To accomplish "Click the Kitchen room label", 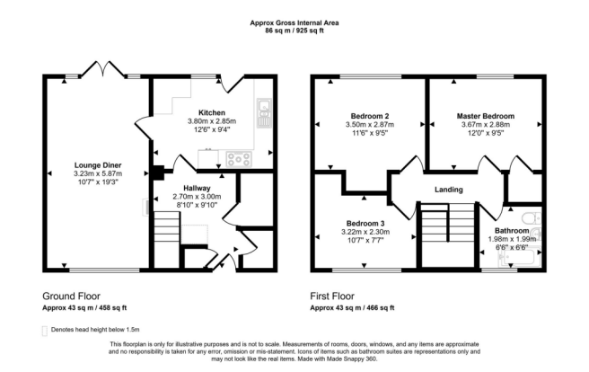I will (x=212, y=112).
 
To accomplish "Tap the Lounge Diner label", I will (x=98, y=165).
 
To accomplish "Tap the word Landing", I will (x=448, y=189).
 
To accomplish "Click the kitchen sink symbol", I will (x=264, y=111).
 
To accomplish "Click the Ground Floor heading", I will (x=72, y=296).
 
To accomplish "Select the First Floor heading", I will (x=338, y=296).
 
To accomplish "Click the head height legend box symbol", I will (x=45, y=330).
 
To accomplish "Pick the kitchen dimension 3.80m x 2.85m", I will (x=212, y=121).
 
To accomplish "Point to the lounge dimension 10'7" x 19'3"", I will (x=98, y=182).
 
